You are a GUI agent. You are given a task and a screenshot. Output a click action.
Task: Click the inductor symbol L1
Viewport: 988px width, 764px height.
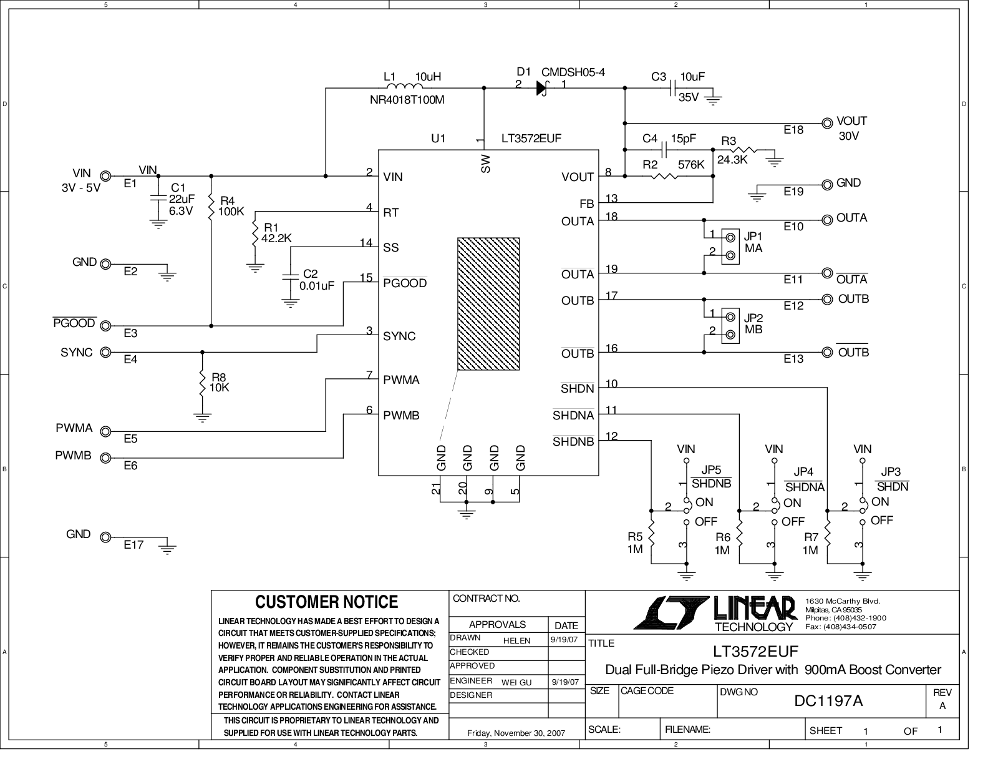click(x=405, y=86)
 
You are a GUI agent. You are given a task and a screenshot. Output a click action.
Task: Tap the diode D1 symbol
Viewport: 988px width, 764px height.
click(x=542, y=88)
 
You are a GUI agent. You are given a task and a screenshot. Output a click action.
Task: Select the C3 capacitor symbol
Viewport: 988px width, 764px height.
click(x=674, y=88)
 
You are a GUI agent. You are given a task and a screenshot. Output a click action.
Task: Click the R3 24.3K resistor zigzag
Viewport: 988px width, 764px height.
click(x=743, y=149)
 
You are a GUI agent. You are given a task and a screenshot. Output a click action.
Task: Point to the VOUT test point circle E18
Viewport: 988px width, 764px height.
click(x=827, y=123)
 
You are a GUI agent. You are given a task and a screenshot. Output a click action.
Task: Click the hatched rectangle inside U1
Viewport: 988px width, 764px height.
click(x=488, y=303)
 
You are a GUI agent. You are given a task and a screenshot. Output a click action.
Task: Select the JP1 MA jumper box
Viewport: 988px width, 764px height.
click(x=730, y=246)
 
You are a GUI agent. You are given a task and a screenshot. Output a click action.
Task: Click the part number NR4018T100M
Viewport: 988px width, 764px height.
click(x=407, y=100)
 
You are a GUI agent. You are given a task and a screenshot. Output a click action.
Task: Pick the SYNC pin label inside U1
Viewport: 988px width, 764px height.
click(x=399, y=336)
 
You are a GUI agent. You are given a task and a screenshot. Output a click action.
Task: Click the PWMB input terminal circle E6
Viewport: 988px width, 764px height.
click(x=105, y=458)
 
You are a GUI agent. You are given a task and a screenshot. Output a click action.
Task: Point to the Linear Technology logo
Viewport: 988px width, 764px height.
click(x=714, y=613)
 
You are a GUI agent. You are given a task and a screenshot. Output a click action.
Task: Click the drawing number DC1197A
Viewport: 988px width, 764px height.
click(x=828, y=700)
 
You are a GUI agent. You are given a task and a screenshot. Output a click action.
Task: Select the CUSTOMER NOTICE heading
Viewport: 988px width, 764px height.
click(x=326, y=602)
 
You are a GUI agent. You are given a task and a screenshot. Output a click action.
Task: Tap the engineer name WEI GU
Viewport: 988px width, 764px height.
click(x=516, y=682)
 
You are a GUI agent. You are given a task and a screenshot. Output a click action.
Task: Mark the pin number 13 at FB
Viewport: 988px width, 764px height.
click(x=611, y=198)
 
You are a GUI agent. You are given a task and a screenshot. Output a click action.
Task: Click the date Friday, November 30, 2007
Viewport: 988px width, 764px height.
click(x=516, y=733)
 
